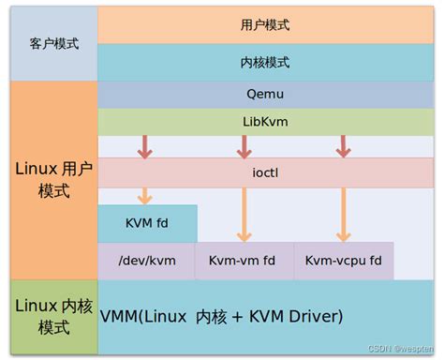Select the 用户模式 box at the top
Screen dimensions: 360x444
click(x=265, y=24)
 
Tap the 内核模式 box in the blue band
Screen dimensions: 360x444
click(x=265, y=62)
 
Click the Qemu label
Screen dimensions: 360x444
click(x=265, y=94)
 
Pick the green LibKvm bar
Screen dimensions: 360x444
click(x=265, y=122)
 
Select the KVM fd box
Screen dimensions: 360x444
click(x=147, y=223)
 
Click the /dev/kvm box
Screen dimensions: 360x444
click(x=146, y=260)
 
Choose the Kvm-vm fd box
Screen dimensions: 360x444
click(x=244, y=260)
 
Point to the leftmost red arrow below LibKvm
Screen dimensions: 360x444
click(x=145, y=146)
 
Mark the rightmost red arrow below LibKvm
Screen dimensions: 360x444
click(x=344, y=146)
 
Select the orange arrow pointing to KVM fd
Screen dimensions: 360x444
click(x=145, y=195)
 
